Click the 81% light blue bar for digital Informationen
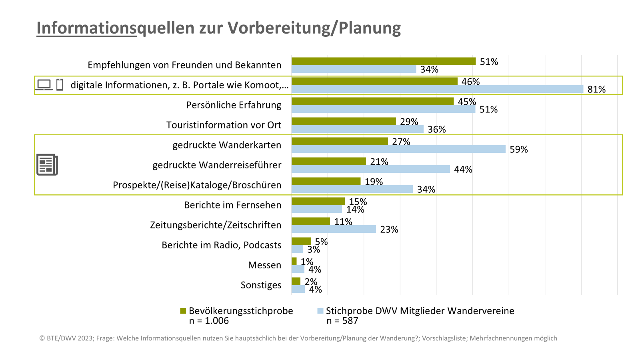point(437,89)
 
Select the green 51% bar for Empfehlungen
point(383,61)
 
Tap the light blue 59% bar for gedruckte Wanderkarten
point(398,149)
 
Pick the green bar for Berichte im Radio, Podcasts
point(301,241)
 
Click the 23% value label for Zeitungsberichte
point(389,230)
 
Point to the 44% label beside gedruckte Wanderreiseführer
point(463,170)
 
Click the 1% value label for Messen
point(307,262)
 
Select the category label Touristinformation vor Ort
point(224,125)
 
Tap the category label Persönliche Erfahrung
point(234,105)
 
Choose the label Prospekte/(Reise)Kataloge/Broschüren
point(197,185)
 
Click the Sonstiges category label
point(261,285)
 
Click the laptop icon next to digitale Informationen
point(44,85)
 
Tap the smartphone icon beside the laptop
point(60,85)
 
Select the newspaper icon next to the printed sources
point(47,165)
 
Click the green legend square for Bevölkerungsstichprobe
point(183,311)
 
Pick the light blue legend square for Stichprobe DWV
point(320,311)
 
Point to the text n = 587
point(342,321)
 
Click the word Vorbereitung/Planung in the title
point(314,28)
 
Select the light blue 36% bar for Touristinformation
point(357,129)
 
